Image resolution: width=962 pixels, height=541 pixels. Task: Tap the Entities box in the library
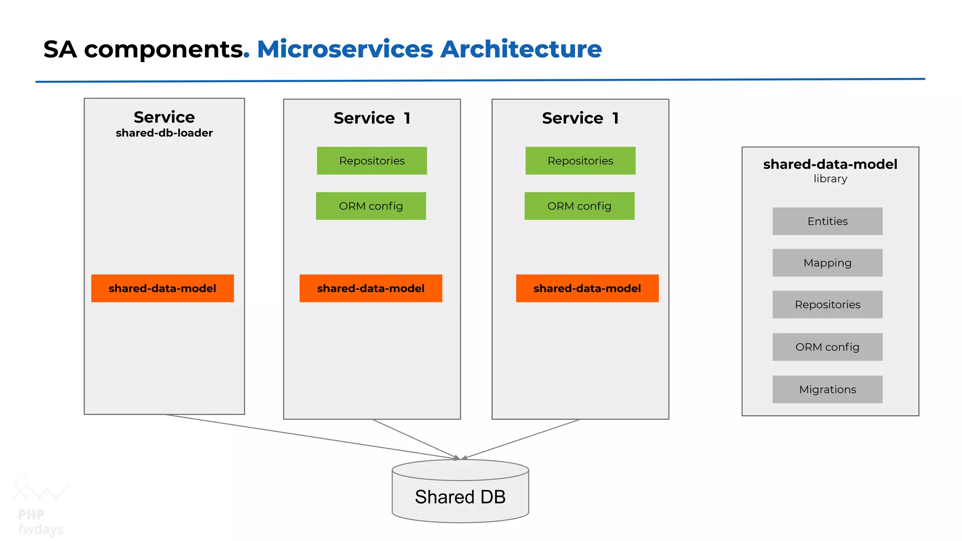tap(827, 221)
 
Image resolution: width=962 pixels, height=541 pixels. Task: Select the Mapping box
tap(827, 263)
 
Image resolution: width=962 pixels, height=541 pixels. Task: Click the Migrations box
tap(827, 389)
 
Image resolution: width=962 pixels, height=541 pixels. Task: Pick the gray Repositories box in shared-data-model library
tap(827, 304)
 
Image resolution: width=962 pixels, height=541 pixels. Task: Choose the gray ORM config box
tap(827, 347)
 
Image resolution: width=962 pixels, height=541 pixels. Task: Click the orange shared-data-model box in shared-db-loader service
tap(163, 288)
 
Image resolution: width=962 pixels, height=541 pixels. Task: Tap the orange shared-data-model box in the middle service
tap(371, 288)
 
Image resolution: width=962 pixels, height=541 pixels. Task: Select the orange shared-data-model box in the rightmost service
tap(587, 288)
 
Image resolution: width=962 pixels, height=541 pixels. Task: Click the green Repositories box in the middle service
tap(372, 161)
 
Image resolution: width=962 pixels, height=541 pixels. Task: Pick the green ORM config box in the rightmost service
tap(579, 206)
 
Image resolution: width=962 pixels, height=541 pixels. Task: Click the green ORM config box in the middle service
tap(371, 206)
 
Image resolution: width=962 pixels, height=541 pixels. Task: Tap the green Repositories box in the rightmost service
tap(580, 161)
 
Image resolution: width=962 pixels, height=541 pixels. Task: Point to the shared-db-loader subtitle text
tap(164, 133)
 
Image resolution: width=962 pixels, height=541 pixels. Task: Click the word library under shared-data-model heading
tap(830, 179)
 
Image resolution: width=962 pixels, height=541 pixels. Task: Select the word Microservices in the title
tap(345, 49)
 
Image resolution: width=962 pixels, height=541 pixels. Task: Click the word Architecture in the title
tap(520, 49)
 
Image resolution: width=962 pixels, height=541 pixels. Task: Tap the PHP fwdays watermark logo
tap(40, 505)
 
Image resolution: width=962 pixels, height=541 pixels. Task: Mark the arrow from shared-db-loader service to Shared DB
tap(310, 436)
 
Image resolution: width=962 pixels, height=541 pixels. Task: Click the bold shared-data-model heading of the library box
tap(830, 164)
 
